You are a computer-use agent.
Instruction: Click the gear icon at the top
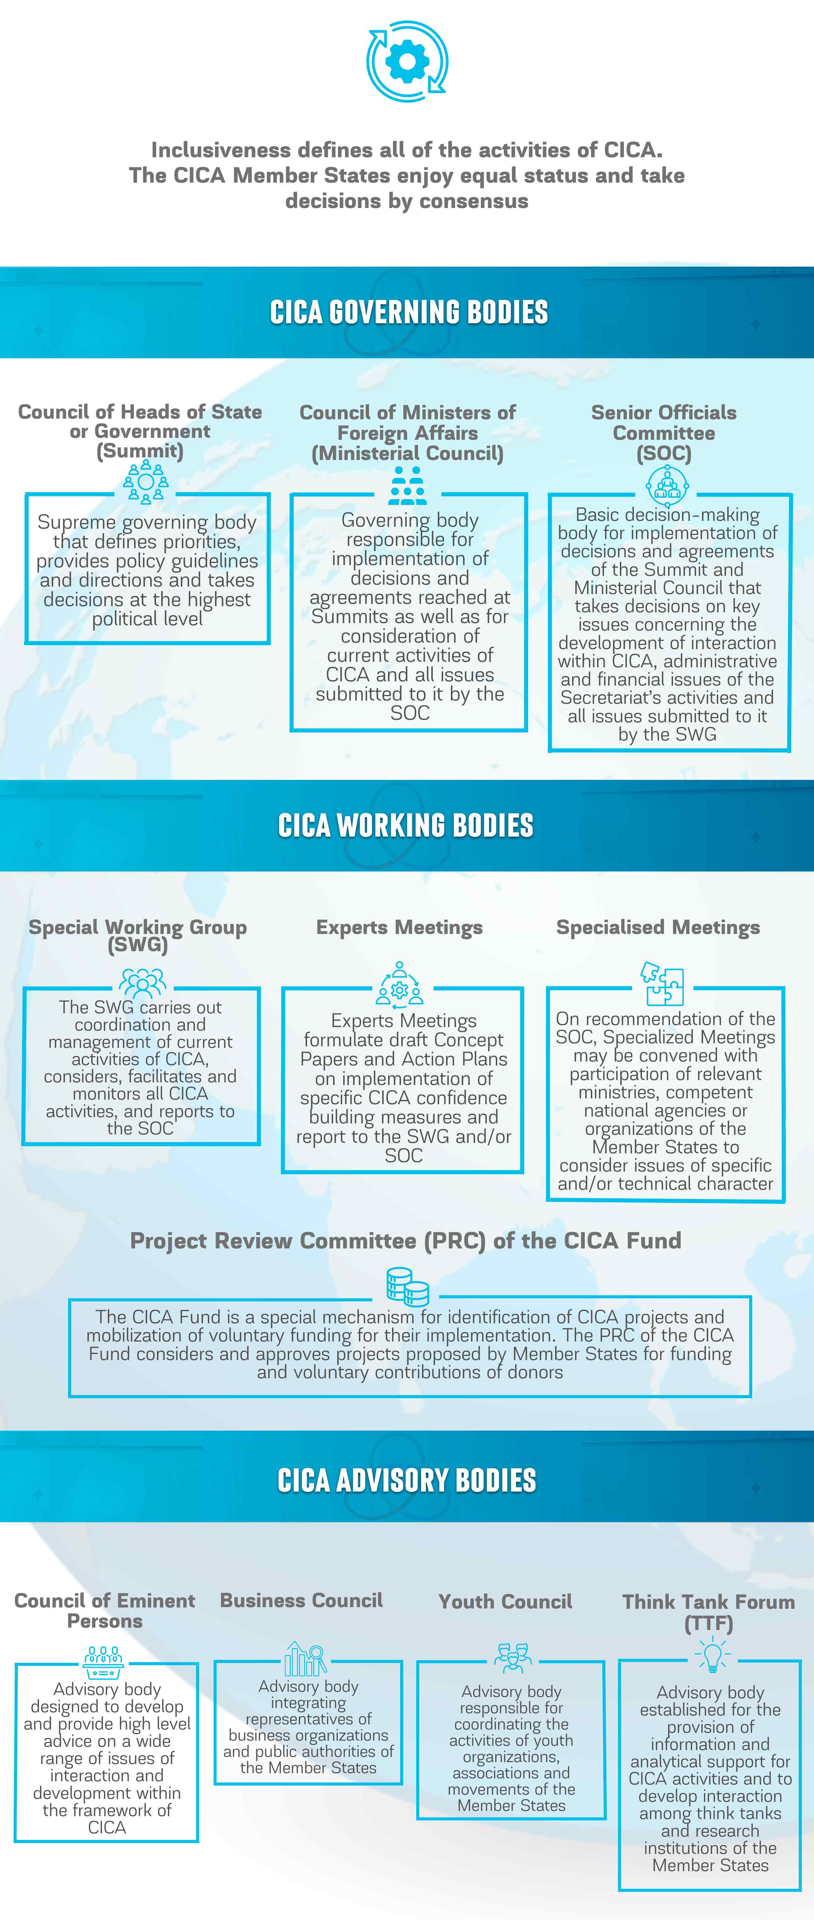pos(407,61)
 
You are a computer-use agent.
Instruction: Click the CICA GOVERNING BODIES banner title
pos(409,312)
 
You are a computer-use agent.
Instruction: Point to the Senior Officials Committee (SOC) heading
pos(664,433)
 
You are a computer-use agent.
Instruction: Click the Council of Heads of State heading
pos(140,431)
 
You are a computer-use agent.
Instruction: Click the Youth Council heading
pos(505,1602)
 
